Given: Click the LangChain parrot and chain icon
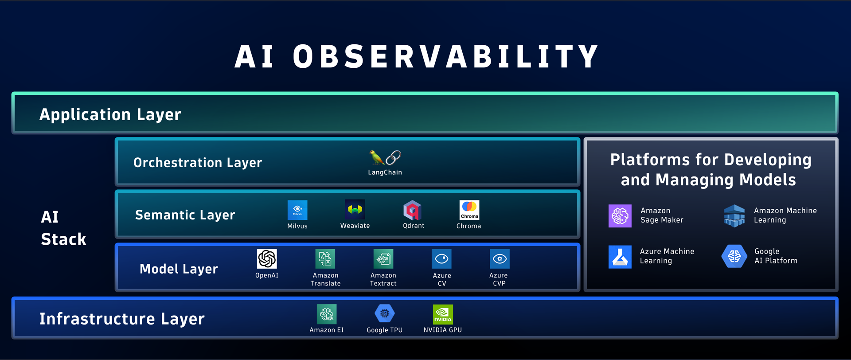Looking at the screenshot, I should [385, 157].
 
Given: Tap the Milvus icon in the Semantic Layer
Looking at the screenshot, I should [297, 210].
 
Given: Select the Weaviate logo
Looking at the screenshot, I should [355, 210].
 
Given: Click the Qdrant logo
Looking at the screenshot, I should [412, 210].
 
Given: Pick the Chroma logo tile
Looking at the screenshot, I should [469, 210].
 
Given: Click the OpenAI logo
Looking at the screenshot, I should [267, 259].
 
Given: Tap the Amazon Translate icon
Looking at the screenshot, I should [325, 259].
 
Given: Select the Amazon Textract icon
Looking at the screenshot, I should [383, 259].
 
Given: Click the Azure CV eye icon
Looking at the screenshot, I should [442, 259].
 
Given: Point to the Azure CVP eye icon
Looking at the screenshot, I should [500, 259].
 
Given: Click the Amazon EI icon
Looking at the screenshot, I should [327, 314].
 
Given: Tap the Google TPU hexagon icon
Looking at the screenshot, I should [385, 313].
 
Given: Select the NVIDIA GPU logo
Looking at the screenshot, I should [443, 314].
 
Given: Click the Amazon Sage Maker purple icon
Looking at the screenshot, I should [620, 216].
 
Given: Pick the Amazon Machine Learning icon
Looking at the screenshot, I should [734, 215].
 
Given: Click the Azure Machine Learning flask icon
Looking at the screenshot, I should [620, 257].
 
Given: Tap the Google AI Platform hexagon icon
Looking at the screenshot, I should [734, 256].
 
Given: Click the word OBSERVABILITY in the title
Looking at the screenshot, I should [446, 57].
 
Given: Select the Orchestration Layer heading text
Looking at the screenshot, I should [198, 163].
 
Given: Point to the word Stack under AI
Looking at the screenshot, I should [63, 239].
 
